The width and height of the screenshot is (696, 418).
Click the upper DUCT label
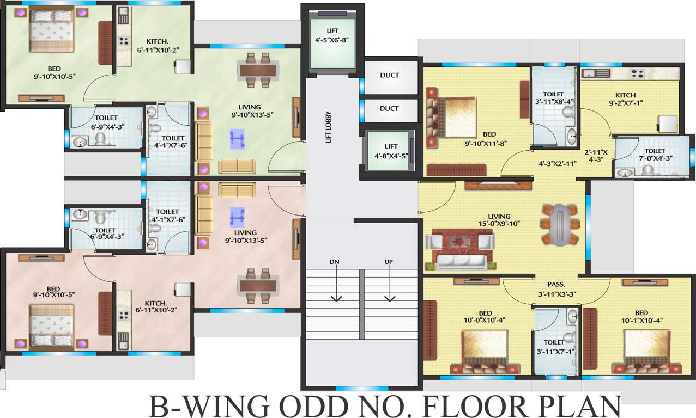click(389, 76)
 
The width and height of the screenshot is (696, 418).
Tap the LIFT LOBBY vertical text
click(328, 127)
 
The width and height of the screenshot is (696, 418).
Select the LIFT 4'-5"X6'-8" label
click(332, 35)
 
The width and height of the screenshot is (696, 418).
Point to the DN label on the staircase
click(334, 262)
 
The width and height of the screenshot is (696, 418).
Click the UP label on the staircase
click(389, 262)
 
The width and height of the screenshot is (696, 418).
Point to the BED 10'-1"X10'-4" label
click(641, 316)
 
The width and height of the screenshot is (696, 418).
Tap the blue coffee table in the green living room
click(238, 139)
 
